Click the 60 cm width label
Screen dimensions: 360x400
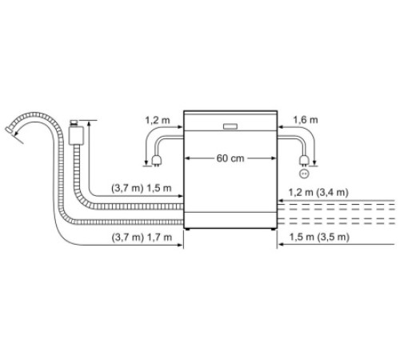click(x=230, y=158)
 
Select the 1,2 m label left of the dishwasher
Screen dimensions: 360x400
click(x=157, y=119)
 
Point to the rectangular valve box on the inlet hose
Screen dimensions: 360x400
click(x=76, y=134)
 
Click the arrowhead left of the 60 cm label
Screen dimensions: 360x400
click(x=189, y=158)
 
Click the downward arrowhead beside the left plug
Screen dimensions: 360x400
click(x=144, y=165)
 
